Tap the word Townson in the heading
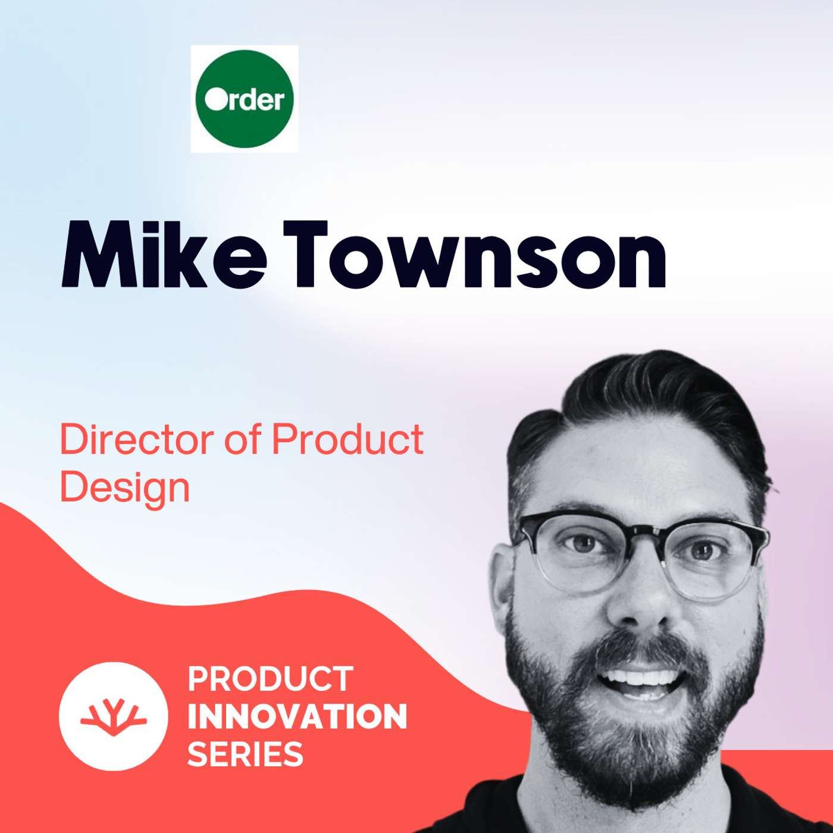(x=473, y=256)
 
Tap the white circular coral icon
(x=113, y=716)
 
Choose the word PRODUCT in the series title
(x=271, y=679)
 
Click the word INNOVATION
(x=297, y=716)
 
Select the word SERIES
(x=245, y=754)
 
